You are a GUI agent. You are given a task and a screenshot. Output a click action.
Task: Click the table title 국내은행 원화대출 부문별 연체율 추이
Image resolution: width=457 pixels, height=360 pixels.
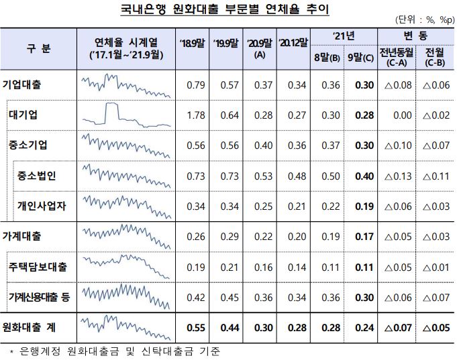229,10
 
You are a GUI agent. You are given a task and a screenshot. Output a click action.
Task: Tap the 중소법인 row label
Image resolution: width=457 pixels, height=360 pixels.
38,176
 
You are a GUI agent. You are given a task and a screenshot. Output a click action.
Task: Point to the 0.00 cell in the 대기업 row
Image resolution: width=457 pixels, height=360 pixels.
401,115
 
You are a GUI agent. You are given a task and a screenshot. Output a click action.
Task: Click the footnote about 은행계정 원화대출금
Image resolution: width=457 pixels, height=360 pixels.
117,351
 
